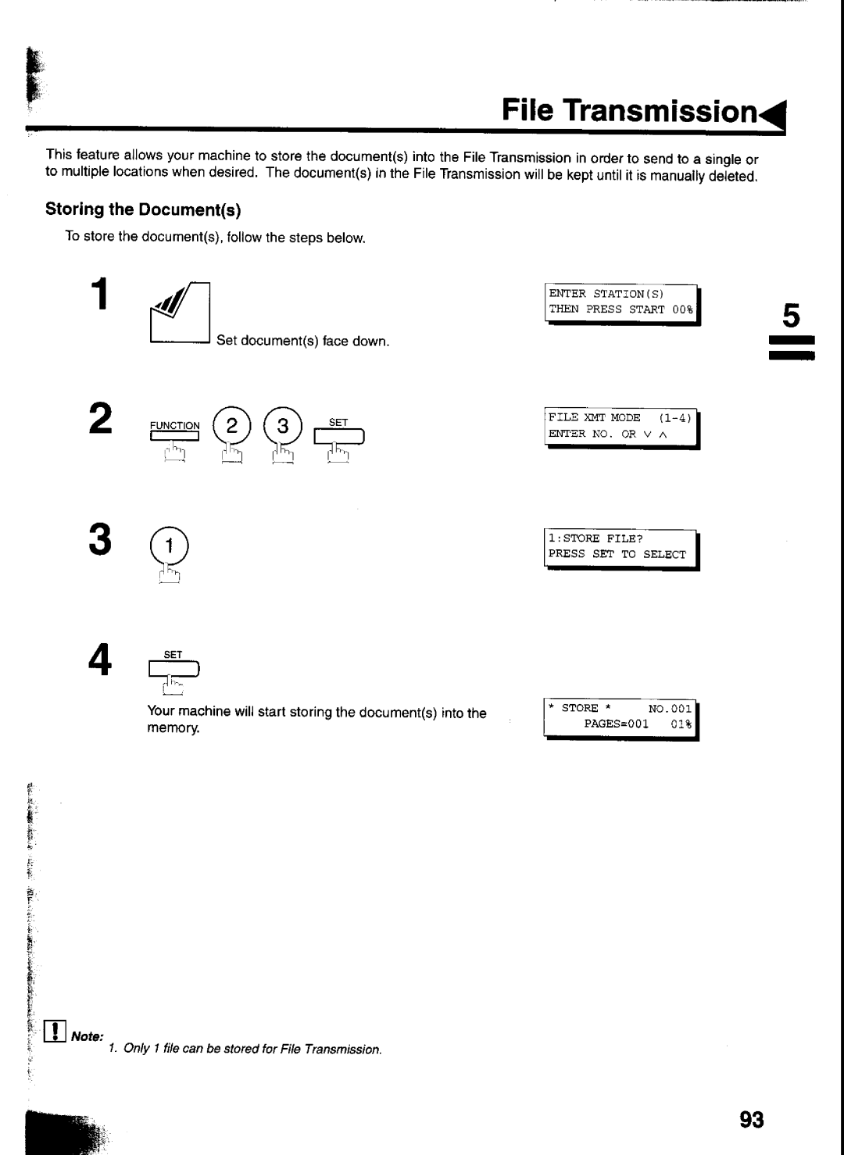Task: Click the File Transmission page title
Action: tap(629, 110)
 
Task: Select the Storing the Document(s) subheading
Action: tap(143, 209)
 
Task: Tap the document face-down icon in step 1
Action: tap(180, 313)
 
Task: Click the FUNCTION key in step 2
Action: tap(175, 436)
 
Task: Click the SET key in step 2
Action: tap(338, 437)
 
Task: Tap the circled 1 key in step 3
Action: tap(169, 545)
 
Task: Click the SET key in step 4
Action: tap(173, 669)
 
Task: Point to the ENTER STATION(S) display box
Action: tap(622, 304)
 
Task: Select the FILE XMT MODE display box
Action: tap(622, 428)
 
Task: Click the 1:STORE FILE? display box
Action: tap(621, 549)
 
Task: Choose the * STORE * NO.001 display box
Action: tap(620, 719)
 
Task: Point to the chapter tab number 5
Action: tap(791, 315)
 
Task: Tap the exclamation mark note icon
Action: tap(55, 1031)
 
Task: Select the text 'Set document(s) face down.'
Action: tap(302, 341)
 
